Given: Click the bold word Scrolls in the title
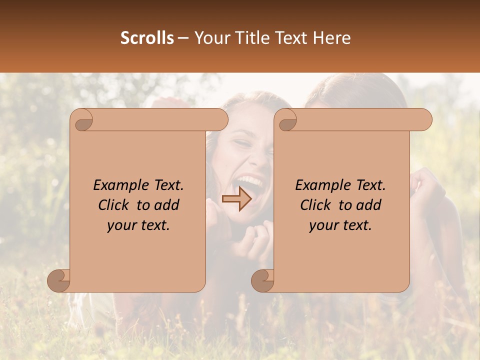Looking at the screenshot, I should coord(147,38).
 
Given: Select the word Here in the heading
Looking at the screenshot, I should coord(332,38).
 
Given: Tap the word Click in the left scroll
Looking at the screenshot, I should coord(115,205).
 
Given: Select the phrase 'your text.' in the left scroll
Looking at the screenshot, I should coord(138,225).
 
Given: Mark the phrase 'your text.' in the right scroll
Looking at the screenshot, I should coord(340,225).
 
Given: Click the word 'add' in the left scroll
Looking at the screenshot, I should coord(166,205).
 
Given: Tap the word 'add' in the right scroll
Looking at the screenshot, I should coord(368,205).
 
